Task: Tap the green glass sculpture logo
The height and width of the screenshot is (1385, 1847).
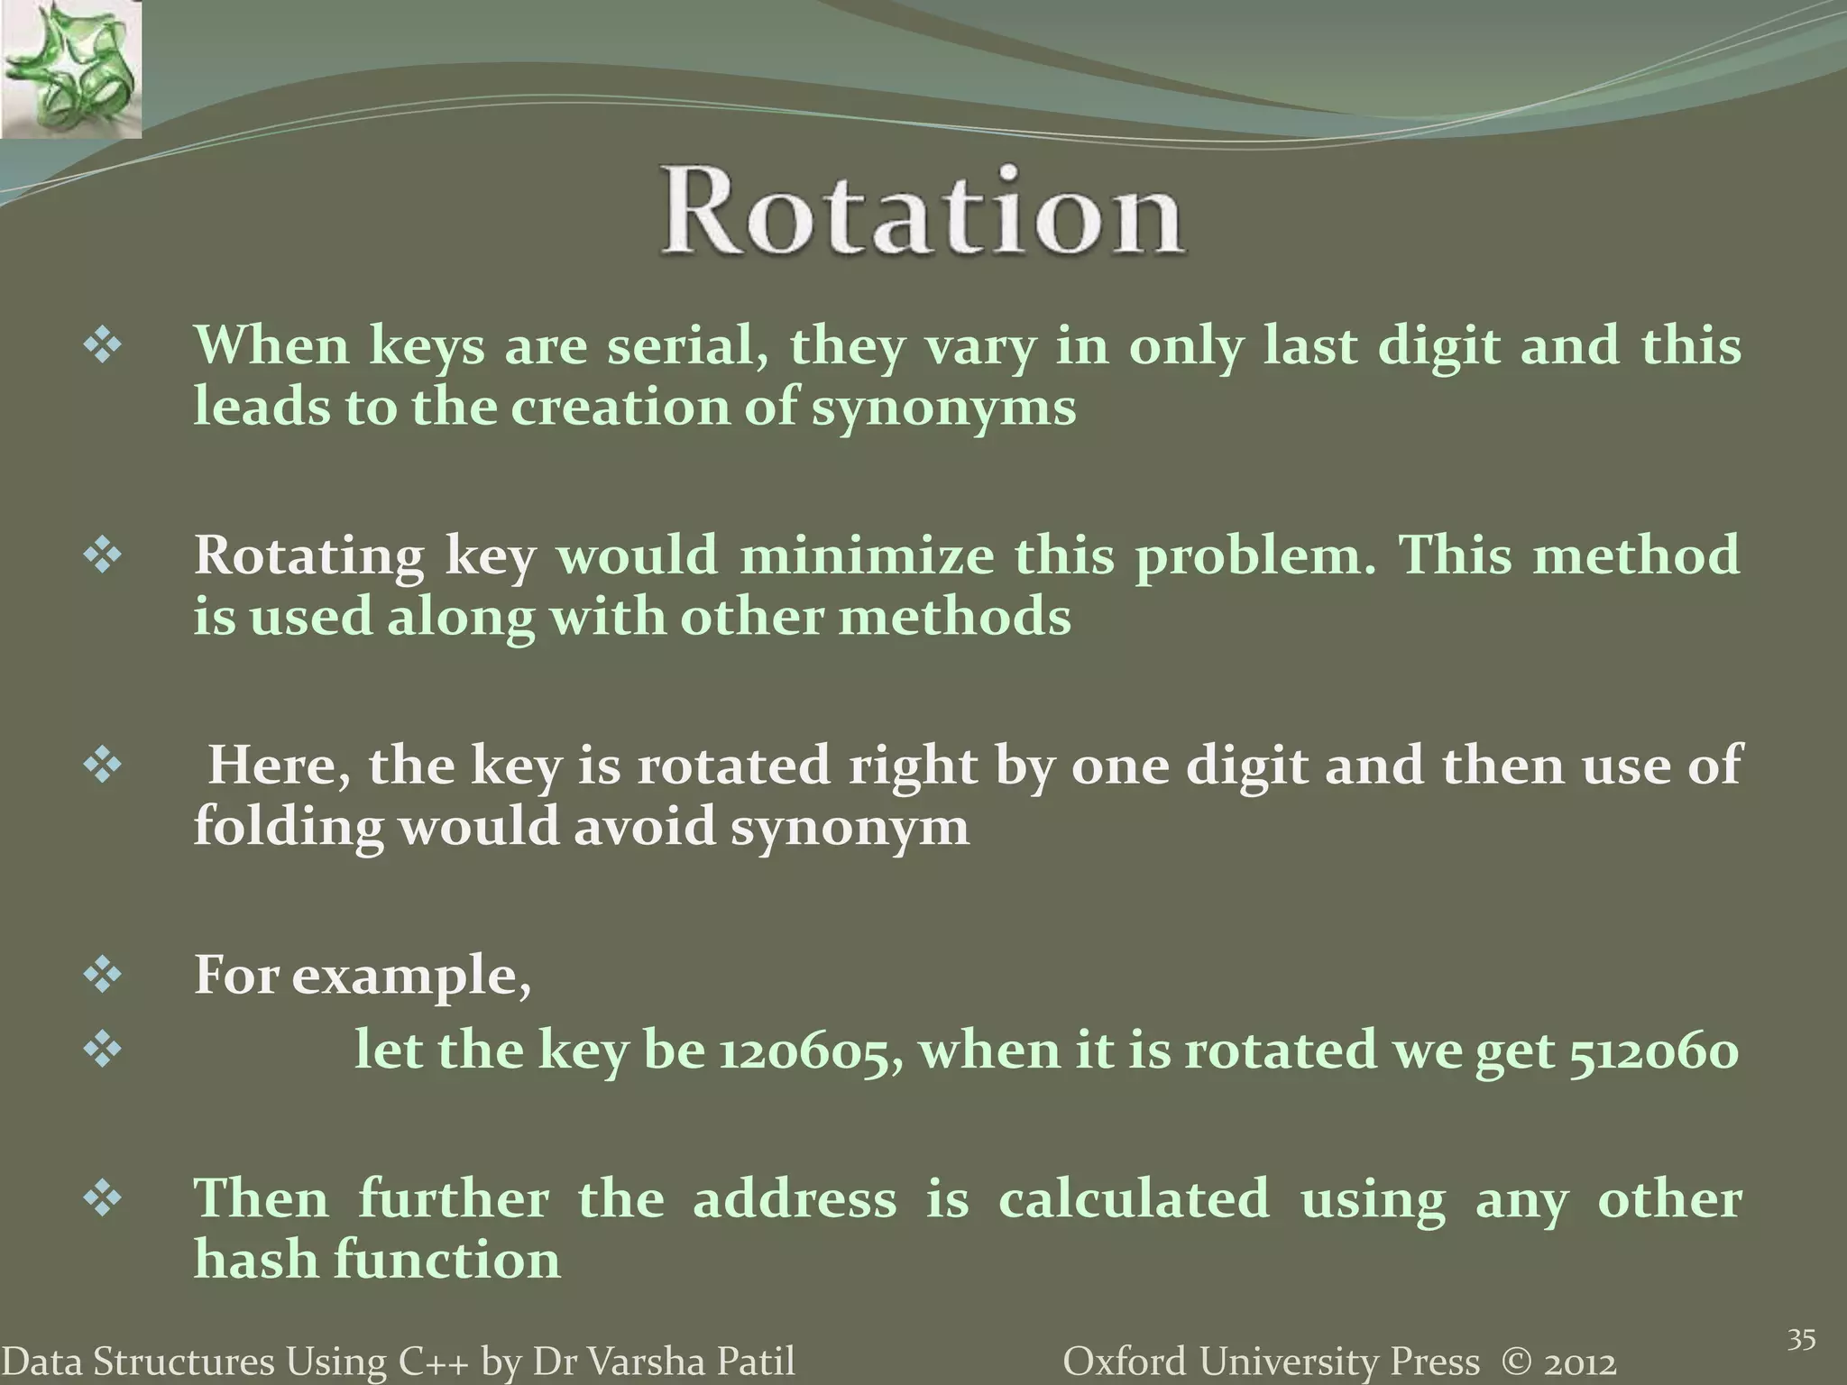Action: pyautogui.click(x=70, y=69)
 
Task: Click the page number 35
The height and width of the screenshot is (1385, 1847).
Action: pyautogui.click(x=1801, y=1340)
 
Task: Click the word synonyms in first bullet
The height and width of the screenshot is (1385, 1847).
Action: pyautogui.click(x=944, y=408)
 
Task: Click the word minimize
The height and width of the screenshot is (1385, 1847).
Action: pyautogui.click(x=867, y=555)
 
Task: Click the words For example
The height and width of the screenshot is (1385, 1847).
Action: pyautogui.click(x=362, y=976)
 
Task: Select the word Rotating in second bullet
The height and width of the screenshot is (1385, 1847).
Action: pyautogui.click(x=309, y=556)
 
